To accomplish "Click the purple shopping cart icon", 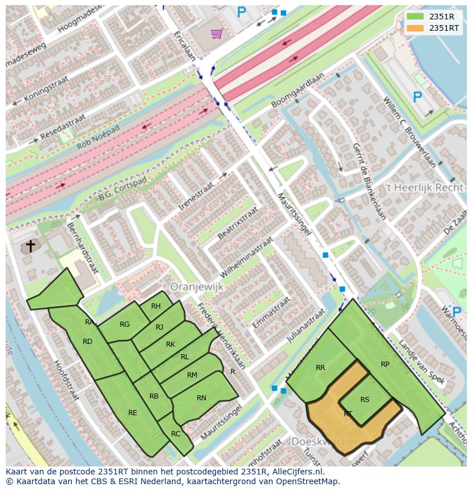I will click(x=216, y=34).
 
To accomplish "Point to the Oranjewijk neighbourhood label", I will click(x=197, y=287).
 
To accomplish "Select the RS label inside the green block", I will click(x=365, y=399).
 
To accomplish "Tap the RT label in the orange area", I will click(x=348, y=414).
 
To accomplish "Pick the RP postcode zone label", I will click(x=385, y=364).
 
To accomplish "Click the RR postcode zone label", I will click(x=320, y=368).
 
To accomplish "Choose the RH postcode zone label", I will click(x=156, y=306).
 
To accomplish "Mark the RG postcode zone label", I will click(x=125, y=324).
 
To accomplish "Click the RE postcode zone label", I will click(x=132, y=413).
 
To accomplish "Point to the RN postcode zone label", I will click(x=201, y=398).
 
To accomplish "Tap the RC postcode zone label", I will click(x=176, y=434).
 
